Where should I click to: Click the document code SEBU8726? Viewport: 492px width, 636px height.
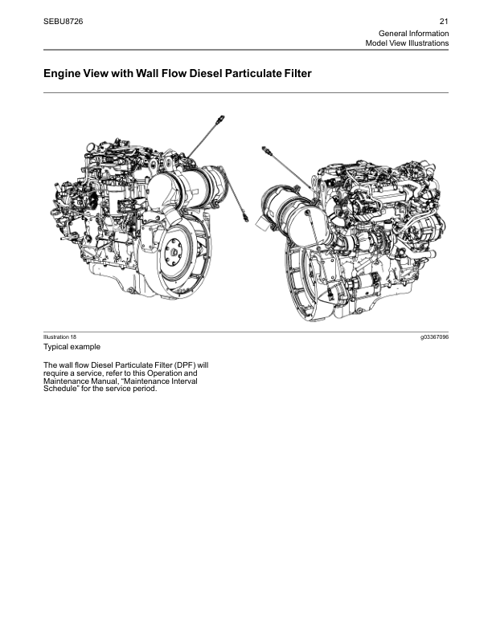(x=63, y=22)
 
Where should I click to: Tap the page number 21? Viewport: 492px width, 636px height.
(x=444, y=22)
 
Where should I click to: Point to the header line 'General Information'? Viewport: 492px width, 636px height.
(x=414, y=33)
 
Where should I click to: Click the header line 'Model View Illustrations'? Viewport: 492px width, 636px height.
(x=407, y=43)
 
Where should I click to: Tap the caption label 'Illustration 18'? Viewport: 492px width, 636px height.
(x=59, y=336)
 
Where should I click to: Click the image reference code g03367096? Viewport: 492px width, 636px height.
(x=435, y=337)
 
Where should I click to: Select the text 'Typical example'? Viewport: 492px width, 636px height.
(x=72, y=347)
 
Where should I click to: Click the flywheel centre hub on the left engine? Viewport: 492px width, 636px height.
(x=174, y=251)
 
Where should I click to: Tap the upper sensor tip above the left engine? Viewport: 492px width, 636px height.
(x=221, y=119)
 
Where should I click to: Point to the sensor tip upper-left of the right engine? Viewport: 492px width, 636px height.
(x=264, y=149)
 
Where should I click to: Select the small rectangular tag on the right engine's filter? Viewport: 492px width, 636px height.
(x=262, y=223)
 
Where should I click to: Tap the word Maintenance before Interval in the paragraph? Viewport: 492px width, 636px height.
(x=66, y=381)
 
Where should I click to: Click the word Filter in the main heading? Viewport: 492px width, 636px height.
(x=298, y=73)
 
